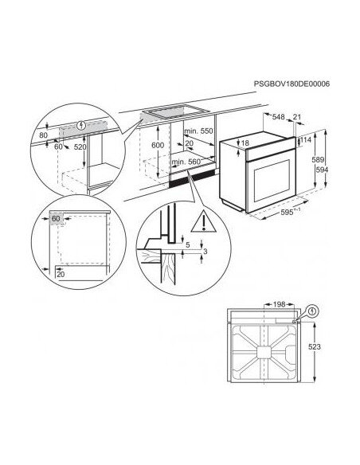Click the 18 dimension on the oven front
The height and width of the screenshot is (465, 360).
click(x=246, y=143)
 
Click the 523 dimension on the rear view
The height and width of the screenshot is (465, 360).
click(x=315, y=347)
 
